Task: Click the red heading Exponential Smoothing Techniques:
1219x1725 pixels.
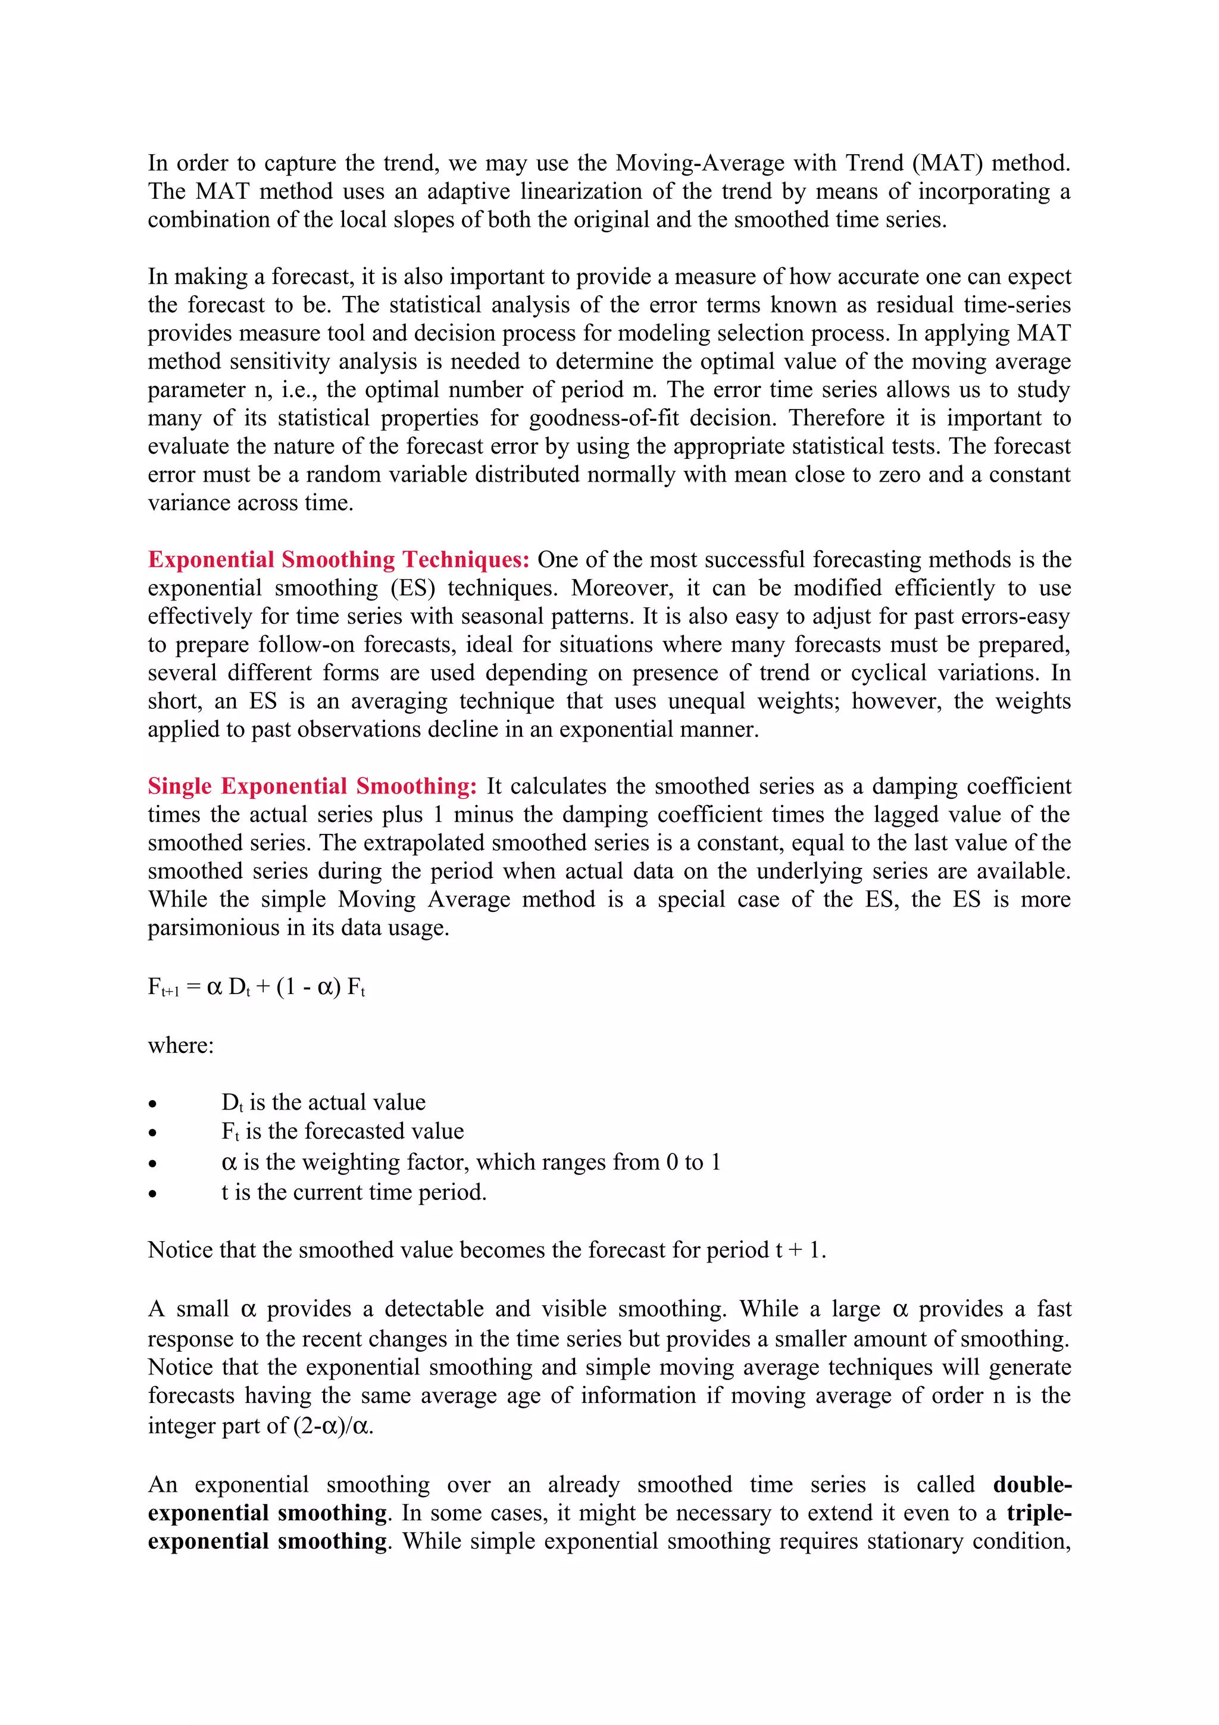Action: [x=339, y=560]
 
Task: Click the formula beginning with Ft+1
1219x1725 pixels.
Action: [x=256, y=986]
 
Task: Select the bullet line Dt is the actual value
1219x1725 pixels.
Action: [x=323, y=1103]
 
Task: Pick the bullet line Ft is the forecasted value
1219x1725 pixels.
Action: [x=342, y=1132]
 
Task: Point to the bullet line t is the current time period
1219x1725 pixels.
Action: [x=354, y=1192]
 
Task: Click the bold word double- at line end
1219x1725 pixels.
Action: [x=1032, y=1485]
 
